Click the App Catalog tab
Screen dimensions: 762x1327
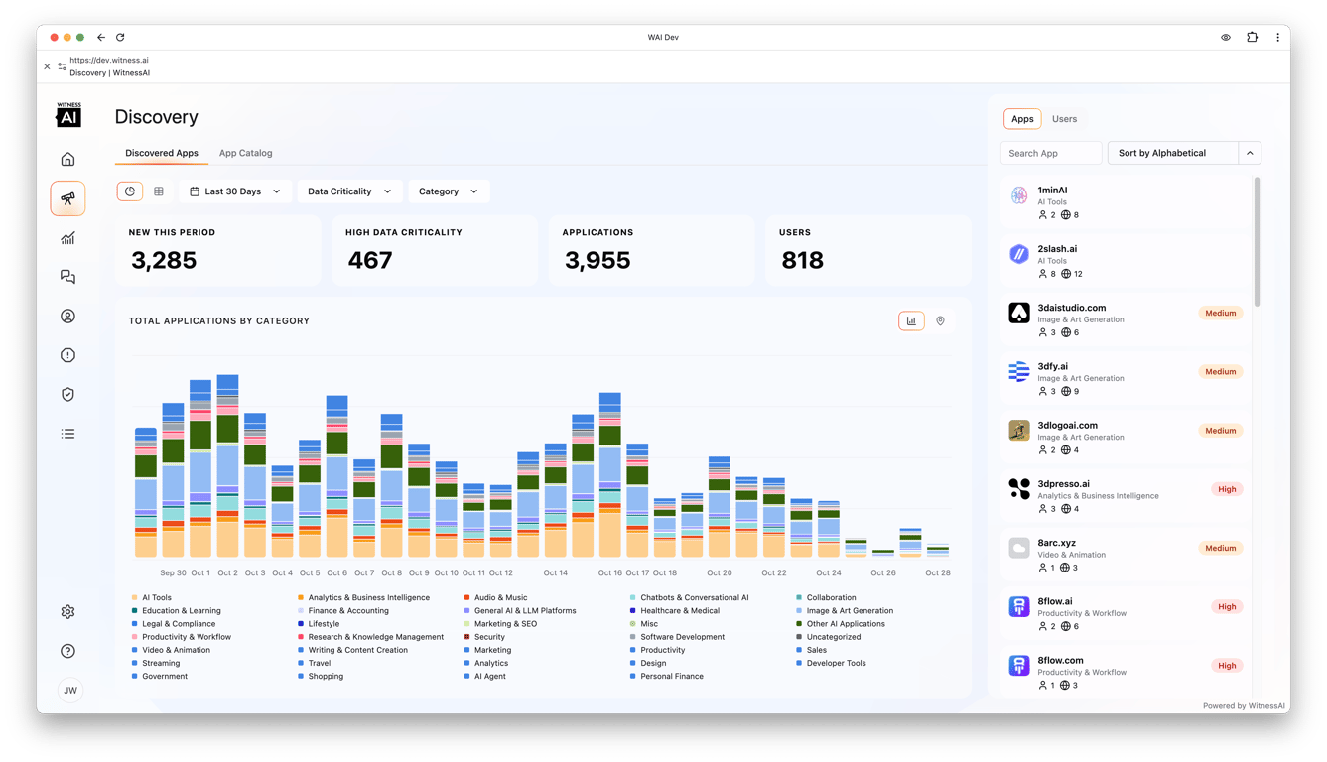245,153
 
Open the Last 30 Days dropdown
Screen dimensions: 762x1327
235,191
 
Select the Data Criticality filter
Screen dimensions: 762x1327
349,191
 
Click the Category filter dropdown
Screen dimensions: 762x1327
448,191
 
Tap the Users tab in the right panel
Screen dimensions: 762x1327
1064,119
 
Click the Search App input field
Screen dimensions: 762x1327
1050,153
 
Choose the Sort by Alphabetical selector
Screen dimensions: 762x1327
1172,153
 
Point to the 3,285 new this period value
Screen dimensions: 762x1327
164,260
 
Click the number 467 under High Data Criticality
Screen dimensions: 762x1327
369,260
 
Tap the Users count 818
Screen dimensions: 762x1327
802,260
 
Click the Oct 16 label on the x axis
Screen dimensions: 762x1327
610,573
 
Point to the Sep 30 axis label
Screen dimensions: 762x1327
173,573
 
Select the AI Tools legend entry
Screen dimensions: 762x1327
156,598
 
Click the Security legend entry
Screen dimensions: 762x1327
489,637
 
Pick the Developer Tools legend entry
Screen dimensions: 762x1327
836,663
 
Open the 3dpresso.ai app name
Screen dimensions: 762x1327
1063,484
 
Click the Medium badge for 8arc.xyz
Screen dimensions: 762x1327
1220,548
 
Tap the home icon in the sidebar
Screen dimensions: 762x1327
67,159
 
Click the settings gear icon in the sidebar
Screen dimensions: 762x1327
67,612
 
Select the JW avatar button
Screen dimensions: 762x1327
69,691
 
